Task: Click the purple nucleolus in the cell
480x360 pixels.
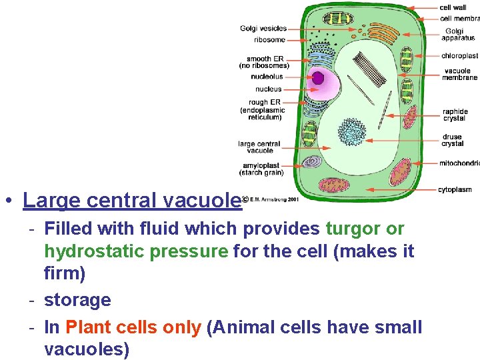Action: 319,79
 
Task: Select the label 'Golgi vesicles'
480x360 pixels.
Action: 263,29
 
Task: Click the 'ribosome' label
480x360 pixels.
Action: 270,40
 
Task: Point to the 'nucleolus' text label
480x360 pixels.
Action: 267,77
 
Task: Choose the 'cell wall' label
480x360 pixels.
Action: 453,7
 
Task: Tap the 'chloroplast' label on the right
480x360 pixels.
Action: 459,56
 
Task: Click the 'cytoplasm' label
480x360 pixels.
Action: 455,190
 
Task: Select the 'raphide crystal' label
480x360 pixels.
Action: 455,115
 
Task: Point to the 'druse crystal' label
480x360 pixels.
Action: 453,140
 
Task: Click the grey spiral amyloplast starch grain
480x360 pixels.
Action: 312,161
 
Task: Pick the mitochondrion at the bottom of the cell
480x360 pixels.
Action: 333,185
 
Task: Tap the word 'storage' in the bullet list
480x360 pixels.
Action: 77,300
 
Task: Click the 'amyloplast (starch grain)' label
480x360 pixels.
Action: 263,169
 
